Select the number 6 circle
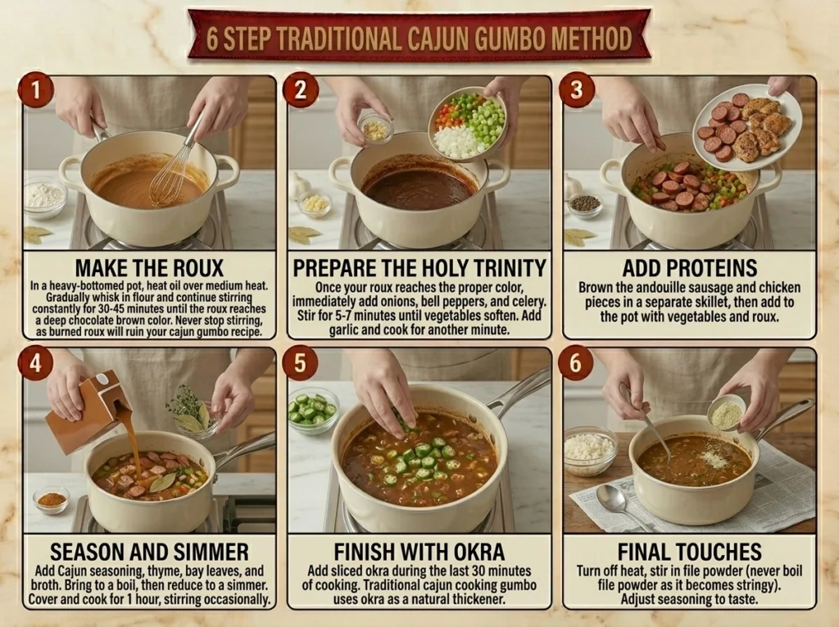point(575,362)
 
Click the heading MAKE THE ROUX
point(149,268)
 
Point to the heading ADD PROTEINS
point(689,268)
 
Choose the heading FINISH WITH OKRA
point(419,552)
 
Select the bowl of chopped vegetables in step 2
point(467,124)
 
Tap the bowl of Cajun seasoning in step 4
point(52,500)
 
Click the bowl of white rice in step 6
point(589,450)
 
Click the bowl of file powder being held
point(726,413)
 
